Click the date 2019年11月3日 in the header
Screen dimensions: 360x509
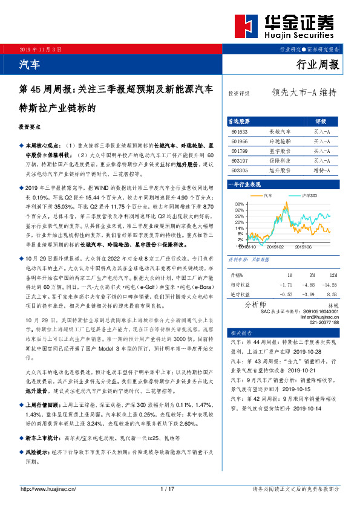[41, 48]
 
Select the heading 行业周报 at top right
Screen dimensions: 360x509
[318, 65]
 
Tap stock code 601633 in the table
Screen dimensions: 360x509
[240, 131]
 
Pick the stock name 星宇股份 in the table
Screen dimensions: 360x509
[280, 151]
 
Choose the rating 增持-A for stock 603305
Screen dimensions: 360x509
[321, 171]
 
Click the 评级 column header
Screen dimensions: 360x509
[321, 121]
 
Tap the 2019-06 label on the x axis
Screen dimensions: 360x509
[286, 247]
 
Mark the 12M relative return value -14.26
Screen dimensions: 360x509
[330, 284]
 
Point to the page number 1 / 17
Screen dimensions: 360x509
[168, 489]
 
